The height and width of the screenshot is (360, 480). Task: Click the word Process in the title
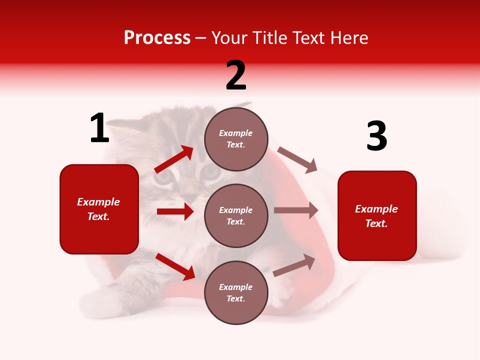tap(157, 38)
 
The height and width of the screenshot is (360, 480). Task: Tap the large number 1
tap(99, 128)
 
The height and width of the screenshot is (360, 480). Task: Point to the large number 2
tap(236, 75)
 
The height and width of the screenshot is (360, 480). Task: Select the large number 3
tap(376, 136)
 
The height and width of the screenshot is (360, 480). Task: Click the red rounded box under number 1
tap(99, 209)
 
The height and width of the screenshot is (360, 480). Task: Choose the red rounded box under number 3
tap(377, 216)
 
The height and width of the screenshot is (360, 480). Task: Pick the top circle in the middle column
tap(236, 139)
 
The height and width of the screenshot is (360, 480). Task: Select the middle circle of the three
tap(236, 216)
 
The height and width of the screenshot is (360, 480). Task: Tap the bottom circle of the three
tap(236, 293)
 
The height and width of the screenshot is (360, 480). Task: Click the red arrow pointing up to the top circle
tap(174, 160)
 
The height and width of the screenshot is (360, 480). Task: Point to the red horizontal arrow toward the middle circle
tap(175, 211)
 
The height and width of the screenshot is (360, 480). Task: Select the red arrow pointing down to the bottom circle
tap(175, 266)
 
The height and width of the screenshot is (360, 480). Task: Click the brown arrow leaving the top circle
tap(297, 159)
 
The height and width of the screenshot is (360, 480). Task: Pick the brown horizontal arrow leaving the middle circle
tap(296, 210)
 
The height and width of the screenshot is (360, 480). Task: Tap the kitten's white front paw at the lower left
tap(100, 300)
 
